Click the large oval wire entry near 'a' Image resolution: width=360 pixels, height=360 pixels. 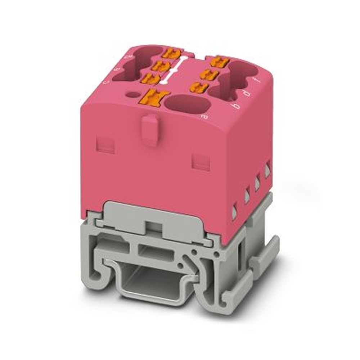point(187,105)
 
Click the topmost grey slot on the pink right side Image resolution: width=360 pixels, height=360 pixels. point(267,170)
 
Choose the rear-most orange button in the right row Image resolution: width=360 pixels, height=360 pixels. point(219,62)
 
